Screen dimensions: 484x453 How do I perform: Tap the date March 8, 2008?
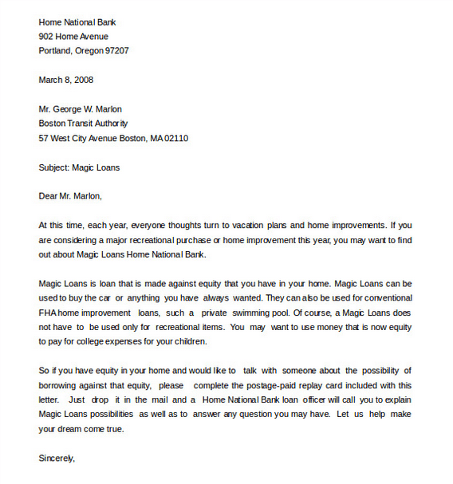(x=66, y=80)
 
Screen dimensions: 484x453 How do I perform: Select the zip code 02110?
(x=175, y=138)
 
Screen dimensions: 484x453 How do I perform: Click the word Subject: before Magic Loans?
(x=54, y=167)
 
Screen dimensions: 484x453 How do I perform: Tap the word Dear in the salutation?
(x=48, y=196)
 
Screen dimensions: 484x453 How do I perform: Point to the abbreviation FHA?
(x=48, y=313)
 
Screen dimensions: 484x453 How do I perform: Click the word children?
(x=191, y=341)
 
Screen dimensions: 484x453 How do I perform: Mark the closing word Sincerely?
(x=56, y=458)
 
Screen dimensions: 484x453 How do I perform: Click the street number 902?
(x=46, y=37)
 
